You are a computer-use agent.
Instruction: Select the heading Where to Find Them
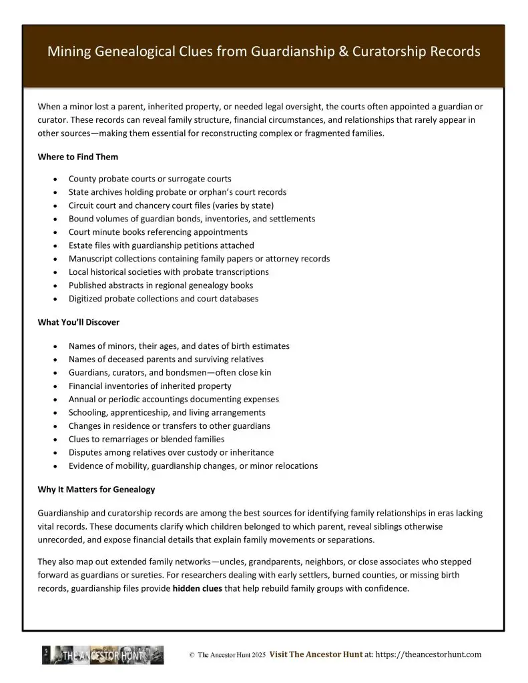tap(78, 157)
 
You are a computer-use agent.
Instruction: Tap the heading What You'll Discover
tap(79, 322)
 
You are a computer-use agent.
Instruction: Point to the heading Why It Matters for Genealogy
tap(96, 490)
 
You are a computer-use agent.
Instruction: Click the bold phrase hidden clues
tap(198, 589)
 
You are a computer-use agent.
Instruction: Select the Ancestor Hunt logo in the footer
tap(103, 655)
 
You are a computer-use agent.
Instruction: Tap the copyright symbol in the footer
tap(192, 656)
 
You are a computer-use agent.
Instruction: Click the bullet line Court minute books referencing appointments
tap(158, 232)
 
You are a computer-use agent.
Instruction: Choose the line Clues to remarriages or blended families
tap(146, 440)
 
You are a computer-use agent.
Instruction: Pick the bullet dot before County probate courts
tap(54, 179)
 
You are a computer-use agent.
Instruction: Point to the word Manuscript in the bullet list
tap(90, 259)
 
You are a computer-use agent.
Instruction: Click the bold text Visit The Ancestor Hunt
tap(316, 655)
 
